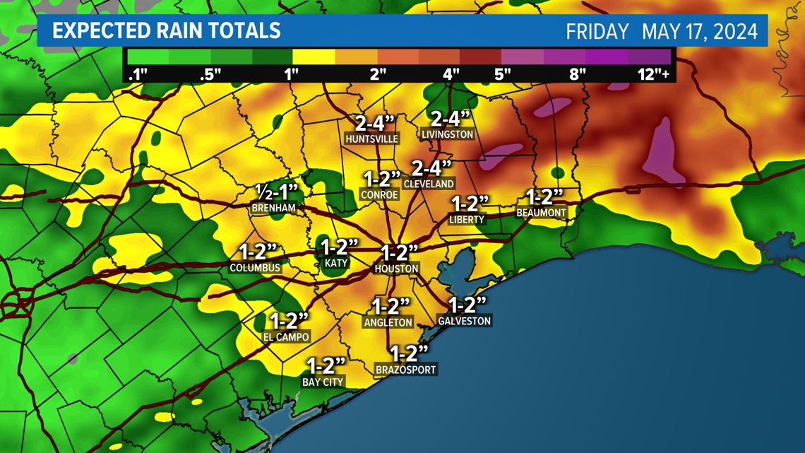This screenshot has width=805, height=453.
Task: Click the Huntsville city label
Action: point(371,139)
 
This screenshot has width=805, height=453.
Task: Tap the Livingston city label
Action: point(447,134)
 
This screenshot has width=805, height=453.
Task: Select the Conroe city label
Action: point(379,194)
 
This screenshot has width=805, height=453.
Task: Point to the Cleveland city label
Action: point(429,184)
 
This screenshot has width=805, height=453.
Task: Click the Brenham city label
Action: point(273,208)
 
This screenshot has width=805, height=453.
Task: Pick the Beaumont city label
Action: point(541,212)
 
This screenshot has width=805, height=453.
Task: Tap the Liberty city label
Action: point(467,220)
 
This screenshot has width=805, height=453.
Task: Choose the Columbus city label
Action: point(255,269)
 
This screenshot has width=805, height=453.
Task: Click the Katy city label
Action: point(336,263)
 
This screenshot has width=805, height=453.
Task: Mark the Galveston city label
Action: point(464,321)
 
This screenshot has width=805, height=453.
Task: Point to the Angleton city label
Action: point(388,322)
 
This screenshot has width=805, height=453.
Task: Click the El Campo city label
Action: point(286,337)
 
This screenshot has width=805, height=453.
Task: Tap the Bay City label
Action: point(323,382)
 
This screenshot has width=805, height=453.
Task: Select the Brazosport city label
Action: point(406,370)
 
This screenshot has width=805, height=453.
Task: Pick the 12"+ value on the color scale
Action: point(653,74)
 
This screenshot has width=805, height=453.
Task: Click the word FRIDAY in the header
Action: point(597,32)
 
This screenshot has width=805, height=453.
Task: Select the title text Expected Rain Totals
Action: point(167,31)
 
